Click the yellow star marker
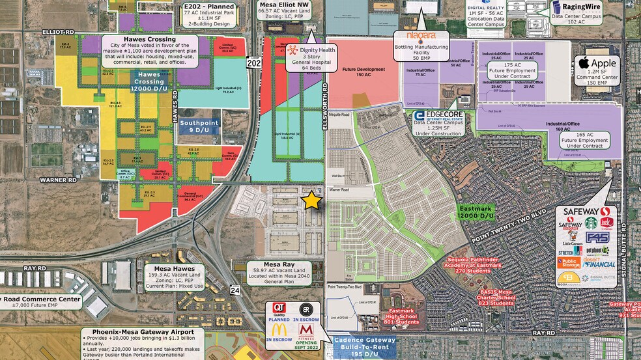[312, 201]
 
